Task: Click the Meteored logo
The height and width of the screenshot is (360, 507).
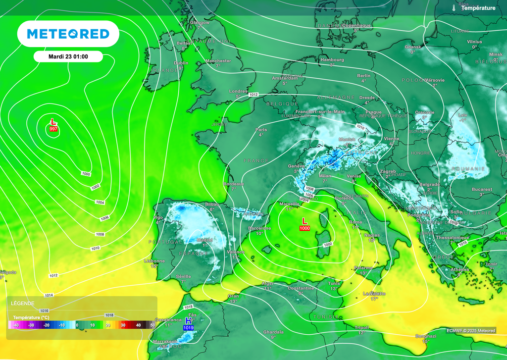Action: pos(68,34)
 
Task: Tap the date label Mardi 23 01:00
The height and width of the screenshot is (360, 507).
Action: pos(68,56)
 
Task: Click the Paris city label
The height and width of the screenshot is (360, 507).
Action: pos(261,129)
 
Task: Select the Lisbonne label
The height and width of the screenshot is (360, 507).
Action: pos(154,261)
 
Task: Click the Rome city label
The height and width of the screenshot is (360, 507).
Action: pos(355,222)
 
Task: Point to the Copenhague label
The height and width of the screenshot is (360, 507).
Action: pos(356,25)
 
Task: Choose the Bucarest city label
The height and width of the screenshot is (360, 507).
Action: pos(482,189)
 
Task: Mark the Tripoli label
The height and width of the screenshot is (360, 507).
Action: pos(361,327)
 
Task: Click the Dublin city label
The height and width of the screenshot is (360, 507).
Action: pos(181,63)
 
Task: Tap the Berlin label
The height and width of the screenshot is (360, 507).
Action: pos(363,75)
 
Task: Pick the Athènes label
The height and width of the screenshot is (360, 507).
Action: pos(460,269)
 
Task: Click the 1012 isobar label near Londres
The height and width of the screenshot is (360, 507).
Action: pos(254,95)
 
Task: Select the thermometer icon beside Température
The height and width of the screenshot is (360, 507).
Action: pos(454,8)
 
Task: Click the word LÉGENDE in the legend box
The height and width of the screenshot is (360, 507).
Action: pos(23,303)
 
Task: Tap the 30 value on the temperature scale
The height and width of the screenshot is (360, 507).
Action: pos(124,325)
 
